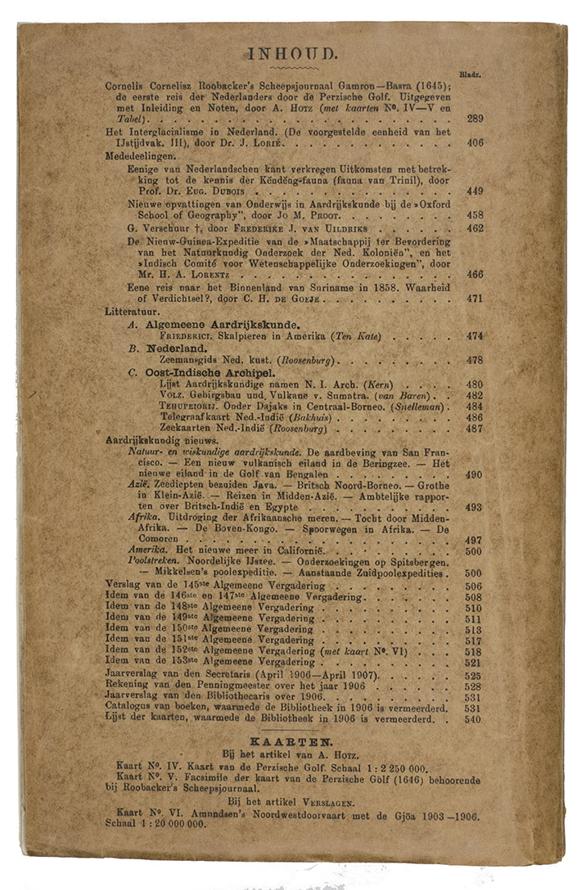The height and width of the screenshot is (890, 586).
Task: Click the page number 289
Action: tap(475, 119)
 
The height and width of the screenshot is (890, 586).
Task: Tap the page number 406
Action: tap(475, 143)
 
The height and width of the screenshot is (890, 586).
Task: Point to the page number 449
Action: tap(475, 191)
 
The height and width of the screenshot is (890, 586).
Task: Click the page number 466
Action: tap(475, 275)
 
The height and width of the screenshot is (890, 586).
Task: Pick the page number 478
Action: tap(475, 360)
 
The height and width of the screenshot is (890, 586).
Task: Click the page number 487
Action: tap(475, 429)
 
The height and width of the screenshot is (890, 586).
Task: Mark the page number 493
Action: tap(475, 507)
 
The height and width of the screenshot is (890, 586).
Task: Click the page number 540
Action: tap(473, 719)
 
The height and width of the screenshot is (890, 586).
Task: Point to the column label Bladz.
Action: tap(471, 73)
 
